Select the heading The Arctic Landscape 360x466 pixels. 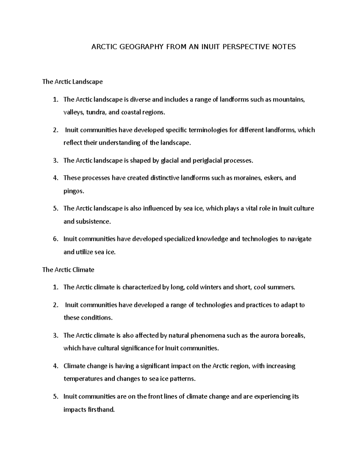point(72,82)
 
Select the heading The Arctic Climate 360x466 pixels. point(68,270)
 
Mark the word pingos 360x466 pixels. point(73,191)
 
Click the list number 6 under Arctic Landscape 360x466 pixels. point(55,239)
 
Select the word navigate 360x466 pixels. point(299,239)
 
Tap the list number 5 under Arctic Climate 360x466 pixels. point(55,396)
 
